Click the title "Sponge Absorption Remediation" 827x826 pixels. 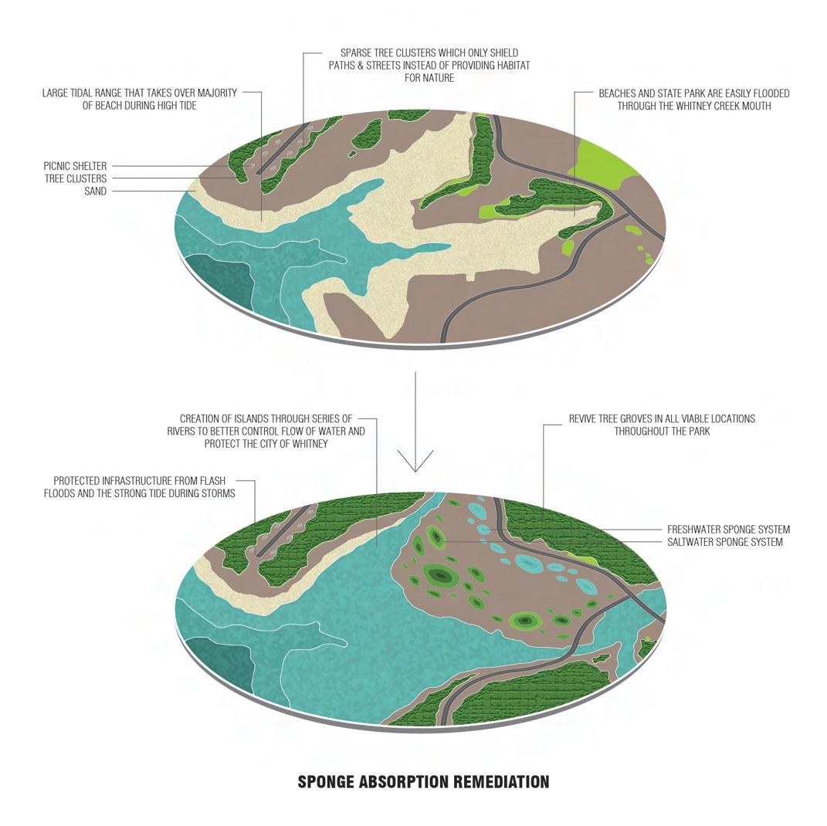(423, 782)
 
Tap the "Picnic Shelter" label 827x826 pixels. (75, 166)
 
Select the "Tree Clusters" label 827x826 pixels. (76, 178)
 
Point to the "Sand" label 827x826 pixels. (96, 191)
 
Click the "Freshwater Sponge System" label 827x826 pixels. (728, 530)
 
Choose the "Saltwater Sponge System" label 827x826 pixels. (724, 542)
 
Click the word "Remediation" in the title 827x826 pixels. (501, 782)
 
